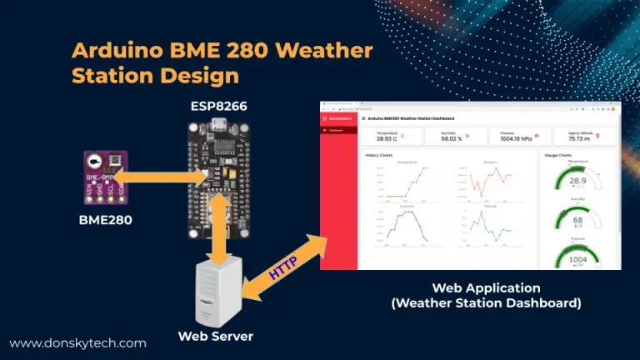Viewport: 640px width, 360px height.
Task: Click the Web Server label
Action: pos(216,336)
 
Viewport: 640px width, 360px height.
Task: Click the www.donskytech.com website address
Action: pos(77,342)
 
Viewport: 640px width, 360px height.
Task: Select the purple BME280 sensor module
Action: pos(105,177)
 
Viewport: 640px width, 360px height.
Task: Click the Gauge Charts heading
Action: pos(557,155)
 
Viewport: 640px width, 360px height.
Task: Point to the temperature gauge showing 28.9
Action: pos(578,181)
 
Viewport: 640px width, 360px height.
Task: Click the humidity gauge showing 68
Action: pos(578,219)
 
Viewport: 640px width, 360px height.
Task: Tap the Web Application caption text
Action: pos(486,287)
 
